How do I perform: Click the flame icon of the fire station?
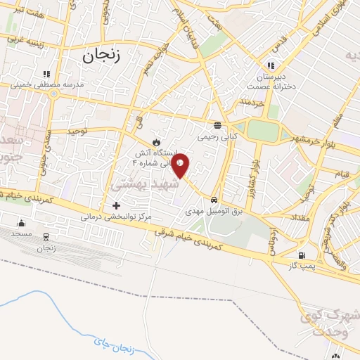click(x=148, y=142)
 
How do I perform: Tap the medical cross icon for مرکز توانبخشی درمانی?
click(x=116, y=205)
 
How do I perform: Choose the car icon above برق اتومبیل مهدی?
click(x=214, y=199)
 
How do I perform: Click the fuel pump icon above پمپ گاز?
click(x=302, y=255)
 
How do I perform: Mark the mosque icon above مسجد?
click(x=20, y=223)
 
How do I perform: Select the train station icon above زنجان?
click(x=46, y=237)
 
